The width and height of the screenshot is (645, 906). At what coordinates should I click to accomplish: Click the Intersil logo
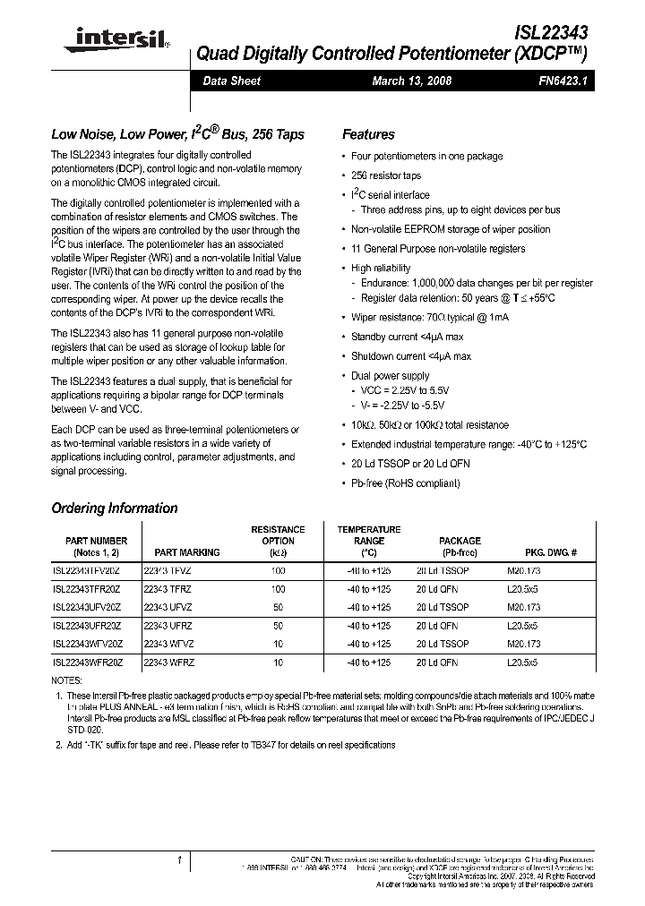[110, 38]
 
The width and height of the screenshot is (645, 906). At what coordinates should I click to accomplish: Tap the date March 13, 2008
[411, 81]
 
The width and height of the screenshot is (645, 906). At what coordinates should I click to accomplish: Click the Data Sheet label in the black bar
[232, 81]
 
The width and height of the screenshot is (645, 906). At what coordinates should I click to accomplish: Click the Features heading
[368, 134]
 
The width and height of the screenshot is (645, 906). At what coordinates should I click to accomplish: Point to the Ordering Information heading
[115, 508]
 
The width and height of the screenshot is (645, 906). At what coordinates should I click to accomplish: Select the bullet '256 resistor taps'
[387, 175]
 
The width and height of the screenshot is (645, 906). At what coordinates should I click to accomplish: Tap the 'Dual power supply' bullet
[390, 376]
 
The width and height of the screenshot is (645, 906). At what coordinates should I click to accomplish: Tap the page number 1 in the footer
[179, 859]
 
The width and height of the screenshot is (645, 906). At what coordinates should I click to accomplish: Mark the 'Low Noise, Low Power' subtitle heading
[177, 134]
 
